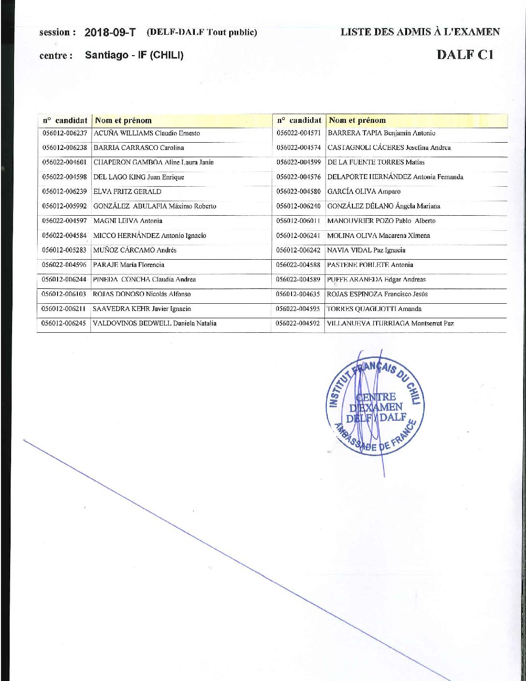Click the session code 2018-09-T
[110, 32]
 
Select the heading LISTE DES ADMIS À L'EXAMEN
[420, 32]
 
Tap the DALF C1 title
[465, 54]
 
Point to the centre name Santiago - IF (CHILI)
[134, 55]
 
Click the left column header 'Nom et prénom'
[123, 120]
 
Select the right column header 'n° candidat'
[299, 120]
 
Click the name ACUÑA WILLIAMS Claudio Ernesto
[146, 133]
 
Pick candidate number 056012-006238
[64, 148]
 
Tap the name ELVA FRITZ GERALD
[127, 192]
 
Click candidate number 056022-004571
[298, 133]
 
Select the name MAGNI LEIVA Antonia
[128, 221]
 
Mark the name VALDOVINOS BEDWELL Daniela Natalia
[155, 324]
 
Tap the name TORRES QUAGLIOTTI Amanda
[374, 309]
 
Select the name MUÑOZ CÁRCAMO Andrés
[135, 251]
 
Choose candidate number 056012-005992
[64, 207]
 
